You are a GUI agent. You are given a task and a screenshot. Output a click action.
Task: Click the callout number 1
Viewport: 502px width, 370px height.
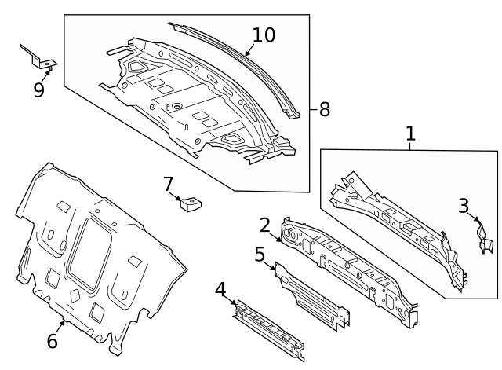coord(409,134)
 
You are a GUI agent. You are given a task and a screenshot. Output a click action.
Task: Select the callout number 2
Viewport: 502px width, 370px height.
coord(265,225)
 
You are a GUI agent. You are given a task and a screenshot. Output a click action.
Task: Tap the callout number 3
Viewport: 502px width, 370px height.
coord(464,206)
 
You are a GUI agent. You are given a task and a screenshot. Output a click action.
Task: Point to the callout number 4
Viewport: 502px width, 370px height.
coord(221,291)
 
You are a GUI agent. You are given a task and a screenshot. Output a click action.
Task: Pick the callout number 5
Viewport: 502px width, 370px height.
coord(260,254)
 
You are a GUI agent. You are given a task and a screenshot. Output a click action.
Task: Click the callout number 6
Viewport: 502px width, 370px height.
coord(53,341)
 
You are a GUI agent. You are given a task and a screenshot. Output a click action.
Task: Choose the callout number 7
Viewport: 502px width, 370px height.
coord(168,184)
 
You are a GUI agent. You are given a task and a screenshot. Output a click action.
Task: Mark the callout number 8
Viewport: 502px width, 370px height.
coord(324,109)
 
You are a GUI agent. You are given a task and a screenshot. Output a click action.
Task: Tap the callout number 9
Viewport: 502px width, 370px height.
coord(38,90)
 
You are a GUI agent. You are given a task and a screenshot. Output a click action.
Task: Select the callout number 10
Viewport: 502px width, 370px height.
coord(264,35)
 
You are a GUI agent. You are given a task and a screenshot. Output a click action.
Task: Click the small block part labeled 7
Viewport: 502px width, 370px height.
coord(189,204)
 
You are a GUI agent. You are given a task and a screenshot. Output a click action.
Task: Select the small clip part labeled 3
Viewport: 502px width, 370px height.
coord(484,240)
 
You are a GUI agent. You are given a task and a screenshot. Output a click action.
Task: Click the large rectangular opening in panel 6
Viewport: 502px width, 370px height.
coord(91,252)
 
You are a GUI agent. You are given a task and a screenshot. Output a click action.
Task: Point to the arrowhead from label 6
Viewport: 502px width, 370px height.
coord(64,321)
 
